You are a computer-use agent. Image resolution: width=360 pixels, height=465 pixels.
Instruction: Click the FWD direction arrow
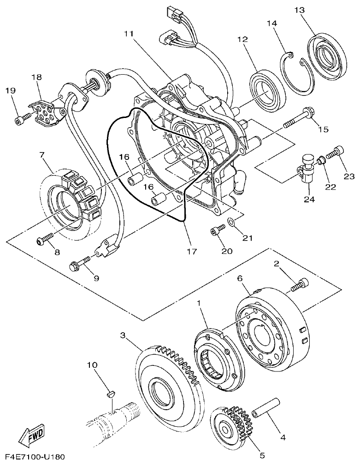[x=31, y=436]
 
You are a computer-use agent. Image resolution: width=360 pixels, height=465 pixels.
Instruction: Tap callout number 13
[x=299, y=10]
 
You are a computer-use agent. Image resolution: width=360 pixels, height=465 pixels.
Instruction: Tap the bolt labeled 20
[x=216, y=229]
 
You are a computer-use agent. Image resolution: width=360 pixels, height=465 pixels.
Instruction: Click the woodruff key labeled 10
[x=110, y=393]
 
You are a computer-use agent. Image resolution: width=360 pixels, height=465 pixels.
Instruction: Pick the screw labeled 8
[x=44, y=239]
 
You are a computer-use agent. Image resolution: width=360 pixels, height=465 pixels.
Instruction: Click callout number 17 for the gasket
[x=192, y=252]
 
